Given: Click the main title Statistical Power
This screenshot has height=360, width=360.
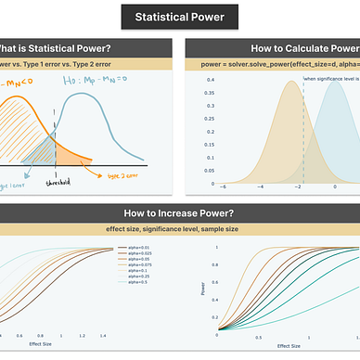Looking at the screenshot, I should pyautogui.click(x=180, y=17).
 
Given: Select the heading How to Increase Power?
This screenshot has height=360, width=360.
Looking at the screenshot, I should pyautogui.click(x=180, y=212).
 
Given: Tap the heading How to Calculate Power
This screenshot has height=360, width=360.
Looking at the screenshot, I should pyautogui.click(x=304, y=49).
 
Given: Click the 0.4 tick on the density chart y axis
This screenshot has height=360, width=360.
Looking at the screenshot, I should pyautogui.click(x=211, y=82).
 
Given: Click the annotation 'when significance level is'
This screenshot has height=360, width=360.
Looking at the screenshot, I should pyautogui.click(x=331, y=81).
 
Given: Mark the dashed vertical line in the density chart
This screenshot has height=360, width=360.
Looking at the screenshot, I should pyautogui.click(x=303, y=130).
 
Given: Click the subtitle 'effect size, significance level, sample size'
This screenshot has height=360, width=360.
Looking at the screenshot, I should pyautogui.click(x=180, y=229).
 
